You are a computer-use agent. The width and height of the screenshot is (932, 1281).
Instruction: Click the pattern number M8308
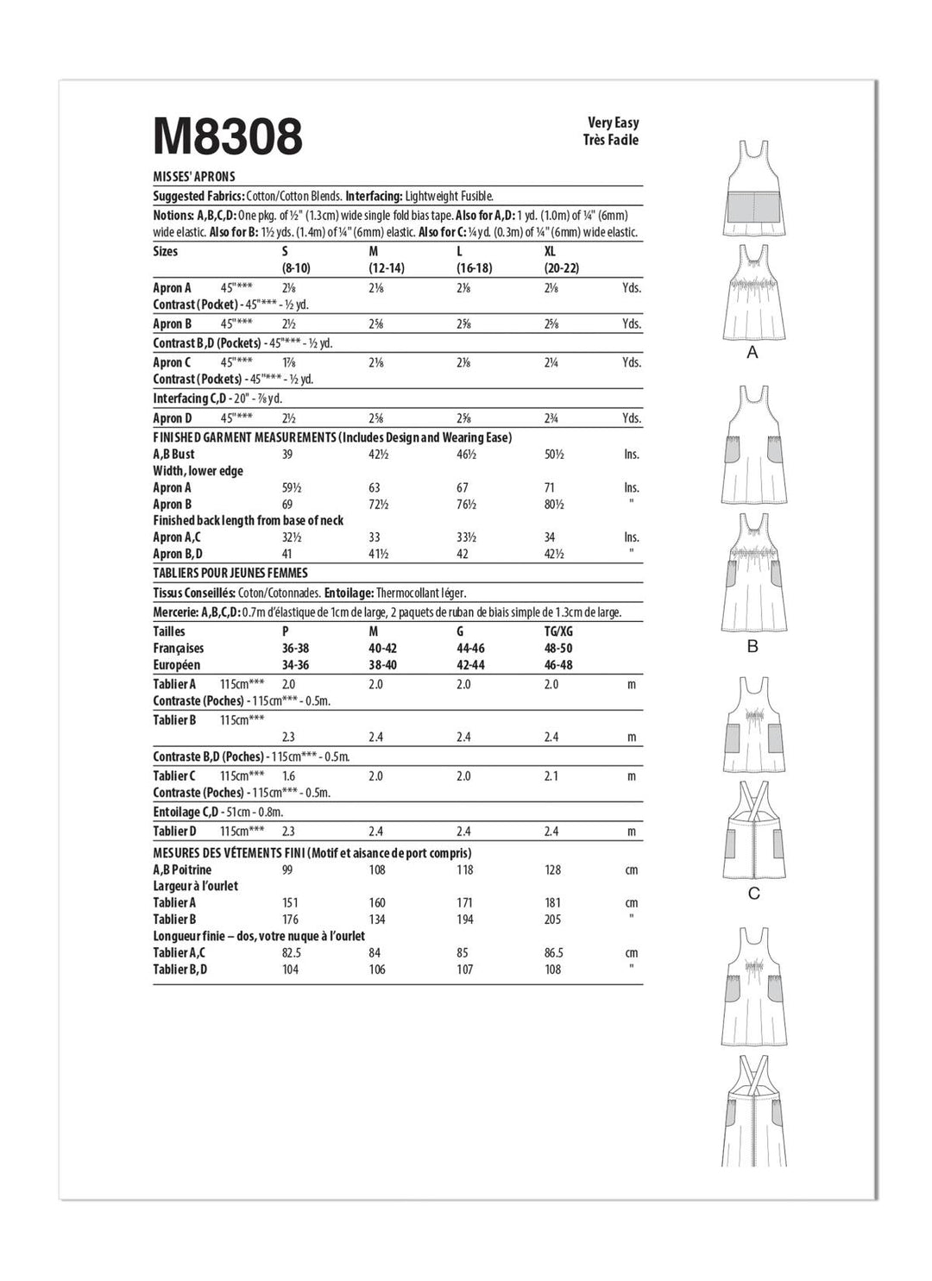click(228, 136)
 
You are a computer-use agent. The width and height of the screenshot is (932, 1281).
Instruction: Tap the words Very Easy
click(613, 122)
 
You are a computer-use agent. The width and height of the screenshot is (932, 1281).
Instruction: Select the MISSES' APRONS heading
click(194, 176)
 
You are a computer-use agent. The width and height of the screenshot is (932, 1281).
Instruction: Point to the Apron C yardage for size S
click(288, 362)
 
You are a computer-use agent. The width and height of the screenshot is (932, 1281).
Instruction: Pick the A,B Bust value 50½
click(553, 454)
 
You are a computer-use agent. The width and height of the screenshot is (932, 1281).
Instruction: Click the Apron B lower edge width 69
click(287, 504)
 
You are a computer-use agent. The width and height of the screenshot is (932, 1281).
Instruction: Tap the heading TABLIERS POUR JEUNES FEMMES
click(230, 573)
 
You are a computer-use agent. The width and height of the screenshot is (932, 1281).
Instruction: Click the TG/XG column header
click(559, 631)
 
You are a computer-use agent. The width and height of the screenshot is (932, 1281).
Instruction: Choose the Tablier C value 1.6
click(288, 776)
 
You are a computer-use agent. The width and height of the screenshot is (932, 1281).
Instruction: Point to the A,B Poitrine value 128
click(552, 870)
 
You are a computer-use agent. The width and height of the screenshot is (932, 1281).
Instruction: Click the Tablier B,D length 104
click(290, 970)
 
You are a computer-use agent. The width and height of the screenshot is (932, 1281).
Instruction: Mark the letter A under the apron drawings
click(753, 353)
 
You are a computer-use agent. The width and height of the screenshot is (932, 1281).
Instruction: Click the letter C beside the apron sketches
click(753, 894)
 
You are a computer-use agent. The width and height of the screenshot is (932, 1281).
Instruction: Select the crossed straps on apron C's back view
click(753, 799)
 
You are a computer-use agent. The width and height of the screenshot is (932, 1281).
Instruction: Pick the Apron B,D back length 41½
click(378, 554)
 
